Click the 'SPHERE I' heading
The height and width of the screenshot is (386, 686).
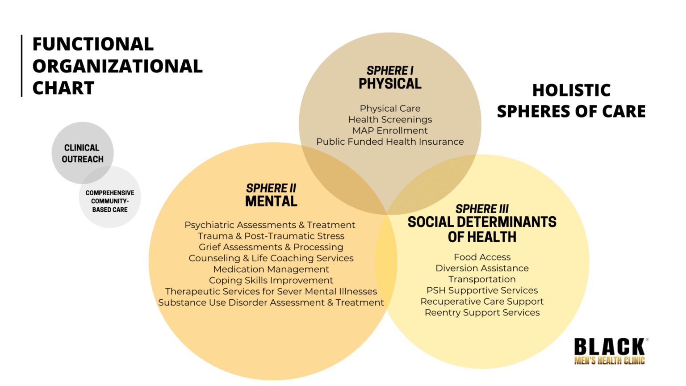(x=390, y=71)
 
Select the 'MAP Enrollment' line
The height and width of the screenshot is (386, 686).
(x=390, y=130)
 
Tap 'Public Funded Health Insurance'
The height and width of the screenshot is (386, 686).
(x=390, y=142)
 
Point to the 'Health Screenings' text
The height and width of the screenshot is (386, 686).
(x=390, y=119)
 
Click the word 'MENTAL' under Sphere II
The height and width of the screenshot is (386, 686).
(x=271, y=201)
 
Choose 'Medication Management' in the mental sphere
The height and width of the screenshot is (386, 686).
(x=271, y=269)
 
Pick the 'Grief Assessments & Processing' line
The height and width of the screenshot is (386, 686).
(x=271, y=247)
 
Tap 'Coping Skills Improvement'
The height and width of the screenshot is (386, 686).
(x=271, y=280)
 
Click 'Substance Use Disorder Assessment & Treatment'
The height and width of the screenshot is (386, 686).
(x=271, y=302)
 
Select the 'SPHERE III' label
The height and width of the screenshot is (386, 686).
(x=482, y=209)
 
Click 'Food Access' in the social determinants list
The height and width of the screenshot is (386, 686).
(x=482, y=257)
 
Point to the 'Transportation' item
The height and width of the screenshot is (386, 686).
(x=482, y=279)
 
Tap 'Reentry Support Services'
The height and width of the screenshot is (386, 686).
(x=482, y=312)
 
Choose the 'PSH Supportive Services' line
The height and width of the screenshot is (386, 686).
(x=482, y=290)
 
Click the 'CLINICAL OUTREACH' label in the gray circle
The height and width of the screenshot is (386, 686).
(x=82, y=154)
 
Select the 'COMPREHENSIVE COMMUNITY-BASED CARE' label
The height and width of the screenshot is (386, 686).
(x=110, y=201)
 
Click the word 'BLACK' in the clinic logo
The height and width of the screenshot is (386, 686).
(x=610, y=347)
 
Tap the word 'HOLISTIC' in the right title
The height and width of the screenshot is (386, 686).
(x=572, y=90)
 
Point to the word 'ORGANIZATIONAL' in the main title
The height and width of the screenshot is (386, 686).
(x=117, y=66)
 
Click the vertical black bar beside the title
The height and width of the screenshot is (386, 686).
(x=22, y=66)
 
